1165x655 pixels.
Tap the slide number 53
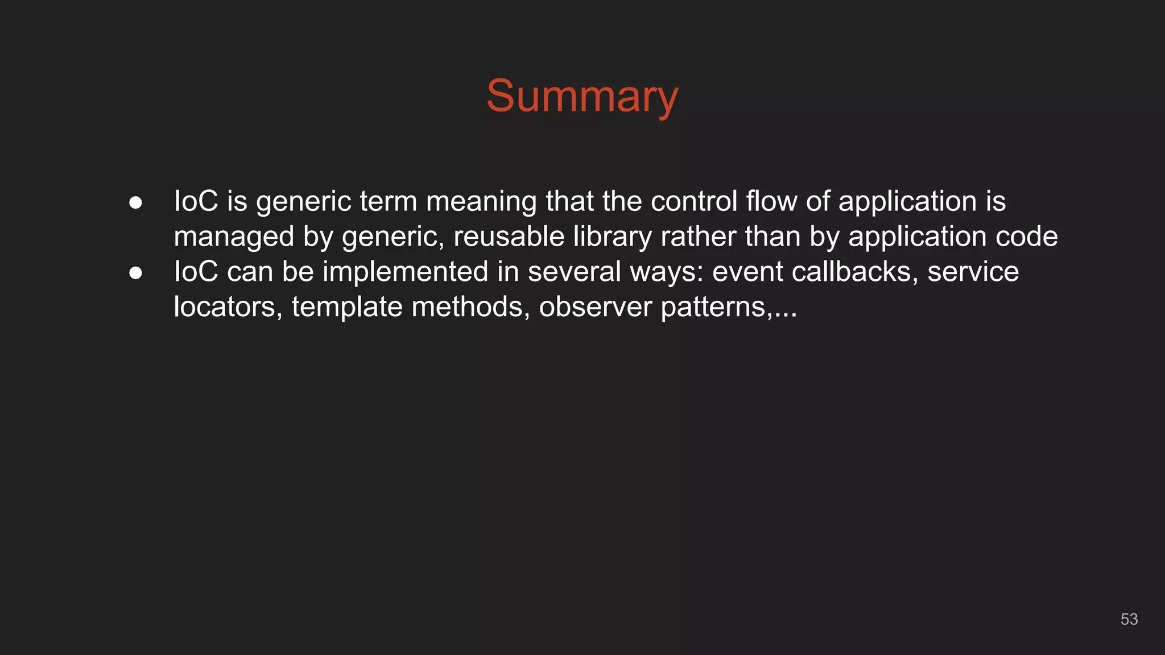tap(1129, 619)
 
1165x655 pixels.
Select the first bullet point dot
tap(135, 203)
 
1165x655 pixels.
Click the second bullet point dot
tap(135, 273)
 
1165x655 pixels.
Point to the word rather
tap(698, 237)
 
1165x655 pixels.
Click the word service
tap(973, 272)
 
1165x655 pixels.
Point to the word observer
tap(595, 307)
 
